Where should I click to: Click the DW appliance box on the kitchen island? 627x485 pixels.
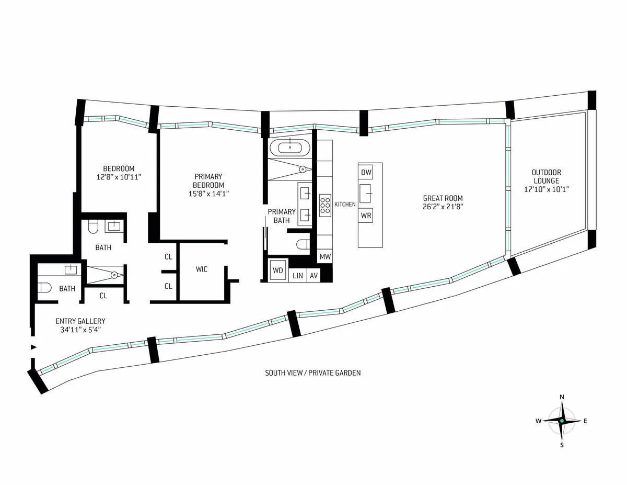[x=366, y=172]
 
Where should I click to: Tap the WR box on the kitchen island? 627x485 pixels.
[x=366, y=215]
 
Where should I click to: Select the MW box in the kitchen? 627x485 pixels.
[x=325, y=257]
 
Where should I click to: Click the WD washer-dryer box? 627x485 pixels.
[x=278, y=270]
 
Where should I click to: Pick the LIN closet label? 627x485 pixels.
[x=298, y=276]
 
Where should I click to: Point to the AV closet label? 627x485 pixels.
[x=313, y=276]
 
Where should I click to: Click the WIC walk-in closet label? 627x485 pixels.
[x=202, y=269]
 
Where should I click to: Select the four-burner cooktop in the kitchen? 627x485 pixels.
[x=325, y=205]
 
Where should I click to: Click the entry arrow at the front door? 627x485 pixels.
[x=34, y=347]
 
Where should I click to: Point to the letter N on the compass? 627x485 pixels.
[x=562, y=397]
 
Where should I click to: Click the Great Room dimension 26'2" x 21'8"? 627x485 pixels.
[x=443, y=207]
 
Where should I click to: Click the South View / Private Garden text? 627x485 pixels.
[x=312, y=373]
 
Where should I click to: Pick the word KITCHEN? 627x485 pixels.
[x=345, y=204]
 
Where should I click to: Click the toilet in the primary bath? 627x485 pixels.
[x=303, y=243]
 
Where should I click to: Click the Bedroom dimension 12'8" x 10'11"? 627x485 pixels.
[x=119, y=177]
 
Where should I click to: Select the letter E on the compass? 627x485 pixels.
[x=585, y=421]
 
